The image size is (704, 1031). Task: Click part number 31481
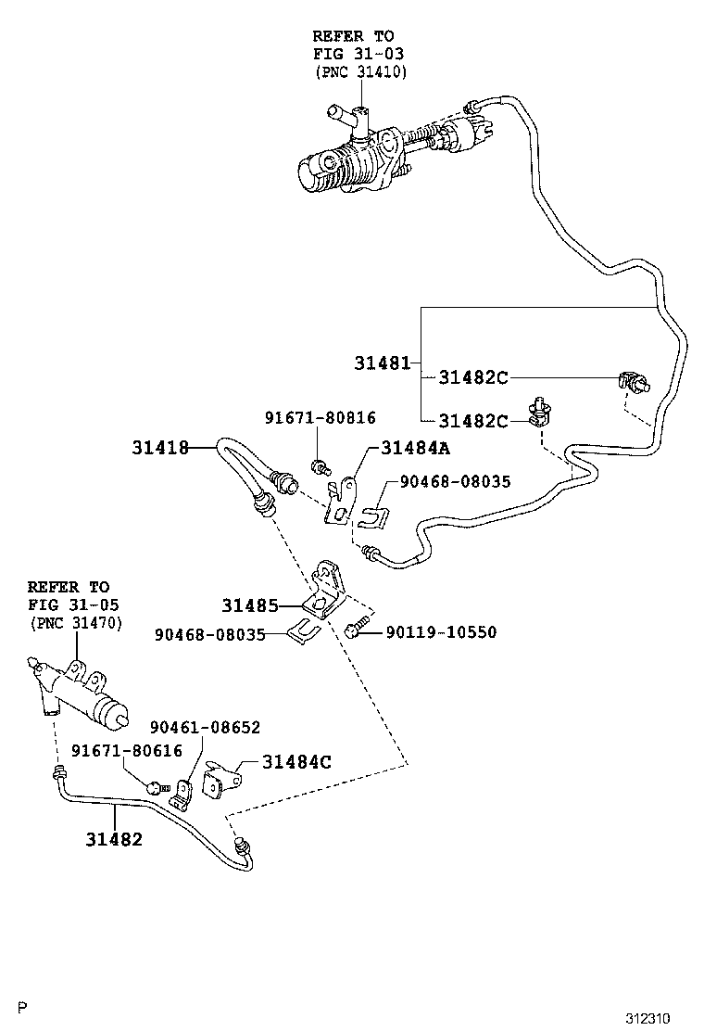point(382,363)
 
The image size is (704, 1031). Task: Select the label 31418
point(159,449)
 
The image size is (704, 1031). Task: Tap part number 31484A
point(414,449)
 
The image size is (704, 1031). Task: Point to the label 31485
point(249,606)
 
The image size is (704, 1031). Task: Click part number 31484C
point(296,762)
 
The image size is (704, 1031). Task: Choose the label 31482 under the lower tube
point(114,839)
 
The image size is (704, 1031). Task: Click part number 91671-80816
point(320,418)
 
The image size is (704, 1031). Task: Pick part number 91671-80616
point(116,751)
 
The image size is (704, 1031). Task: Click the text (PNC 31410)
point(360,71)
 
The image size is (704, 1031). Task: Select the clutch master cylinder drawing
point(371,153)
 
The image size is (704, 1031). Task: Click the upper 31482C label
point(472,377)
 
